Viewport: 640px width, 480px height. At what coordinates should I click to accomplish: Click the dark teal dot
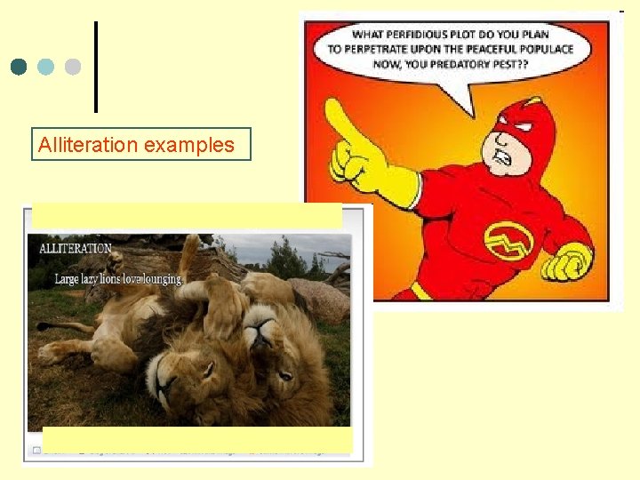tap(20, 67)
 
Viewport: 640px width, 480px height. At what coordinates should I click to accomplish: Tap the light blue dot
tap(46, 67)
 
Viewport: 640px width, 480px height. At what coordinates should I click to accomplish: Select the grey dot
tap(73, 67)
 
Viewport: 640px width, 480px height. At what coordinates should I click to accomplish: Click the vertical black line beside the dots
tap(95, 67)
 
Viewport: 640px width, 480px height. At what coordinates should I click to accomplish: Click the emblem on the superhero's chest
tap(508, 239)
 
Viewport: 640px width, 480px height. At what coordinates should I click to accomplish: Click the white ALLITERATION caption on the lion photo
tap(76, 249)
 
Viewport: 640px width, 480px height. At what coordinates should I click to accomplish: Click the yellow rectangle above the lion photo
tap(187, 216)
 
